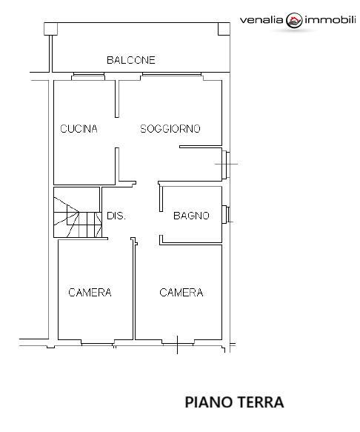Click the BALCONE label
(131, 60)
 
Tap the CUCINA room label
(79, 129)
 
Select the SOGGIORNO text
(170, 129)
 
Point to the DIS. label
(116, 216)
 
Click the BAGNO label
(191, 216)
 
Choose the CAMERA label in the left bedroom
(90, 292)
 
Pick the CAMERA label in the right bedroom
(181, 292)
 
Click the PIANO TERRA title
(234, 402)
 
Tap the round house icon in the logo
(294, 20)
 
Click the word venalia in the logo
(261, 20)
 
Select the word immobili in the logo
(330, 20)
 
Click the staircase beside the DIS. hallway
(77, 212)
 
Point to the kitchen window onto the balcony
(88, 76)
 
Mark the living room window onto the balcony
(171, 76)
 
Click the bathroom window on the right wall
(227, 214)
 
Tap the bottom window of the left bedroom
(97, 343)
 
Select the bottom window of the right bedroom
(178, 343)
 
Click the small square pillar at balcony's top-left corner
(50, 29)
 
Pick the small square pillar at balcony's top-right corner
(224, 29)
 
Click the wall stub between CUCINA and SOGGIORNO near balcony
(117, 99)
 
